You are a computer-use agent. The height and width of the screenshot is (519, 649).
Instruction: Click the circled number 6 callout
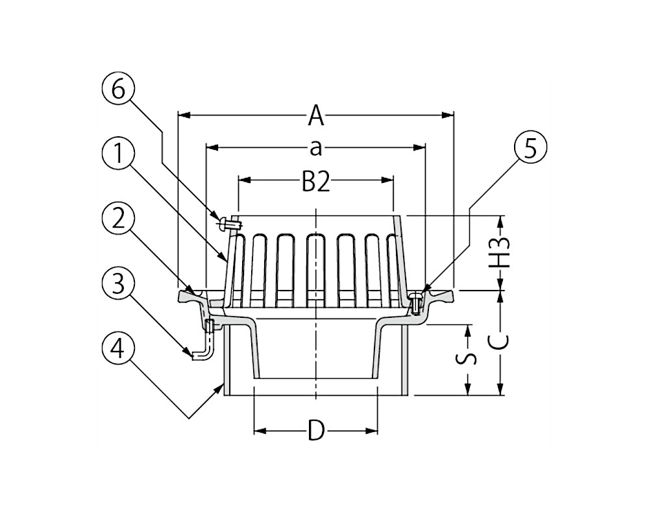tap(118, 90)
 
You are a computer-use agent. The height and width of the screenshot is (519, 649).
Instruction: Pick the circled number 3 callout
tap(118, 285)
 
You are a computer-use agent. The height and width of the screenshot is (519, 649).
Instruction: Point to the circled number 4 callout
tap(118, 350)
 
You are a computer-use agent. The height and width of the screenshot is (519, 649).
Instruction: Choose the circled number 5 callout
tap(530, 148)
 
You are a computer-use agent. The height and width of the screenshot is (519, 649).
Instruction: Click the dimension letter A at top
tap(316, 115)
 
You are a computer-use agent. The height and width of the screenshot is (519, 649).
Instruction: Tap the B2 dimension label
tap(316, 181)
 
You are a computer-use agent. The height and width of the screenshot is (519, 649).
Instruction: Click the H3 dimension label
tap(500, 252)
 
